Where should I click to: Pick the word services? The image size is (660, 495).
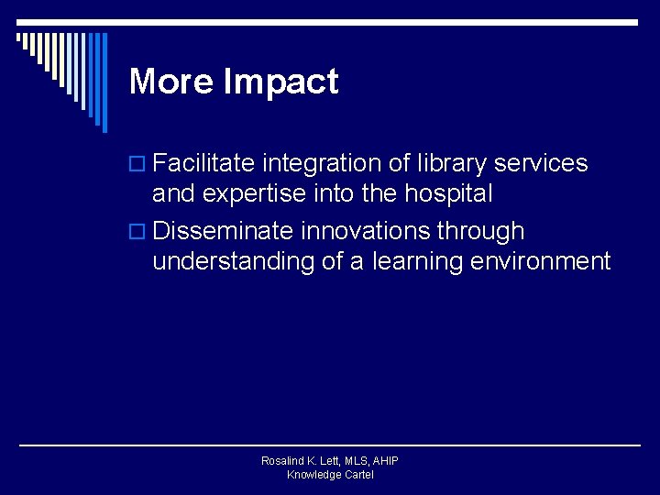point(541,163)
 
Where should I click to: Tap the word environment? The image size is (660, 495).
point(540,262)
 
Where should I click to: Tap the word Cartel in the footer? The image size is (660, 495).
point(357,475)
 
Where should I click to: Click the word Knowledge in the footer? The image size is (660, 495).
point(313,475)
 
